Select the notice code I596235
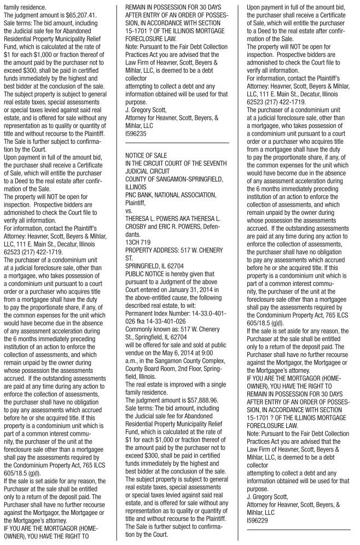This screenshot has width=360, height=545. click(136, 133)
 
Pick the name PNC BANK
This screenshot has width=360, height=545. click(141, 193)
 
